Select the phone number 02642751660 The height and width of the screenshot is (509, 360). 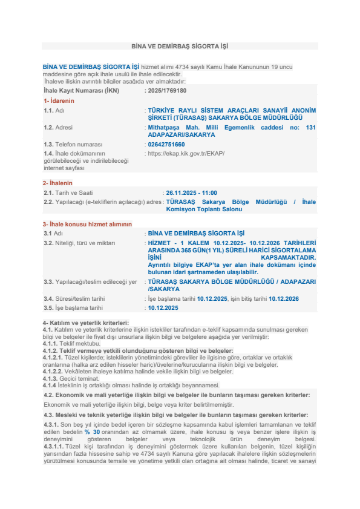pos(166,145)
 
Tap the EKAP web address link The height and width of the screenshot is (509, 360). pos(186,154)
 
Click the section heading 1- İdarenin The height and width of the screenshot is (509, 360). pos(59,100)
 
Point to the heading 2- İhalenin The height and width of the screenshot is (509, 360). pos(57,183)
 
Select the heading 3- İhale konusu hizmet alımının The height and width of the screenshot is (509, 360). pos(87,224)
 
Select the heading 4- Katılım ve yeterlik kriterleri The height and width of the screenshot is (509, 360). pos(85,323)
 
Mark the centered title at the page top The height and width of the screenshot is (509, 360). pos(180,46)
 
